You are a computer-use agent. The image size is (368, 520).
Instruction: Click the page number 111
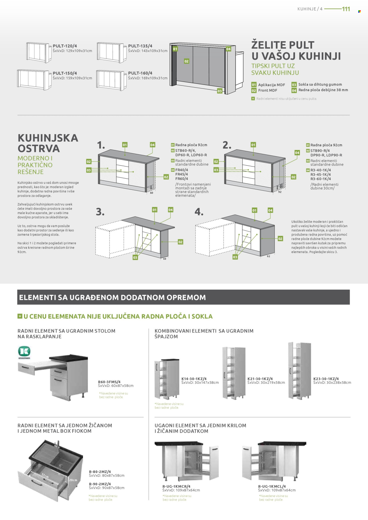[x=346, y=9]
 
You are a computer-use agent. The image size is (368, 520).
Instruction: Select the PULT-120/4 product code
[x=65, y=46]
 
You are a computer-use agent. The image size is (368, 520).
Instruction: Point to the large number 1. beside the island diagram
[x=101, y=145]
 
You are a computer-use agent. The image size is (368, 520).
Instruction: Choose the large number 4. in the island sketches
[x=199, y=212]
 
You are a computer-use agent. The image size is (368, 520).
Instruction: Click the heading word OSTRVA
[x=39, y=149]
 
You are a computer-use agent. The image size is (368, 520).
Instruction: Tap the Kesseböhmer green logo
[x=24, y=351]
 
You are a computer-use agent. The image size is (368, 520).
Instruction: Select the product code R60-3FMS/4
[x=109, y=382]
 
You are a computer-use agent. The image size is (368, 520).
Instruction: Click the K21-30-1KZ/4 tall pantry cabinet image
[x=234, y=373]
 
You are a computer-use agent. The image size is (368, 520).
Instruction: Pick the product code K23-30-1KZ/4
[x=326, y=379]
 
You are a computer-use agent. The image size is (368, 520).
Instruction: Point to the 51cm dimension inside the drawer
[x=45, y=476]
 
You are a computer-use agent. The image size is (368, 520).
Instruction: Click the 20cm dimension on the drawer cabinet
[x=73, y=480]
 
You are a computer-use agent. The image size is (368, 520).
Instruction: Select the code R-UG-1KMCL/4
[x=272, y=486]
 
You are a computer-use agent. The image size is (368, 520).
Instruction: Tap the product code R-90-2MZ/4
[x=100, y=484]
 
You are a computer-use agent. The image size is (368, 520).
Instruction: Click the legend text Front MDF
[x=268, y=90]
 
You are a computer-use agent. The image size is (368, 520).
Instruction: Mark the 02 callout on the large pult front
[x=187, y=61]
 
